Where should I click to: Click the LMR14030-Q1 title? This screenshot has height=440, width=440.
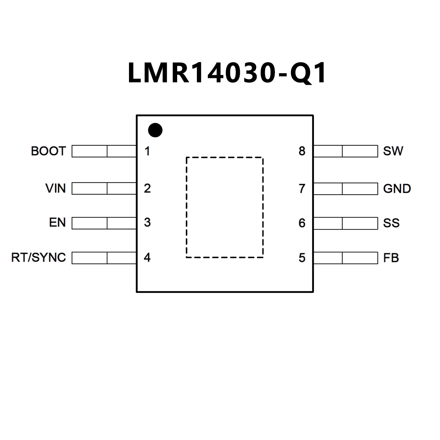click(x=227, y=73)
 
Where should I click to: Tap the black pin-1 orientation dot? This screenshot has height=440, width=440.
click(x=155, y=130)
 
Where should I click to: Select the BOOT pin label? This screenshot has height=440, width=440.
click(x=48, y=151)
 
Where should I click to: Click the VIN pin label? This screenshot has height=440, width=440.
click(x=56, y=188)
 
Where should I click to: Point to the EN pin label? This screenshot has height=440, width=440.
click(x=57, y=222)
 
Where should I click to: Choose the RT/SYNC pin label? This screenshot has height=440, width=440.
click(x=38, y=257)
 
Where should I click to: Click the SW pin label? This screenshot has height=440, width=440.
click(x=393, y=151)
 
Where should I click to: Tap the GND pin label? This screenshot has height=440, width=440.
click(x=397, y=189)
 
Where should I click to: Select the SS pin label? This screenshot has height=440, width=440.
click(x=391, y=223)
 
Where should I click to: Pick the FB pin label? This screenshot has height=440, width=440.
click(x=391, y=258)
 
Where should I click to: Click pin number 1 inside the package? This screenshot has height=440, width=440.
click(x=147, y=151)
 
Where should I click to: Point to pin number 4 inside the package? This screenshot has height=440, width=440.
click(x=147, y=257)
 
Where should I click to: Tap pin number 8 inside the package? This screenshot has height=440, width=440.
click(x=302, y=151)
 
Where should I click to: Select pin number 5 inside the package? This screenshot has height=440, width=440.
click(x=302, y=258)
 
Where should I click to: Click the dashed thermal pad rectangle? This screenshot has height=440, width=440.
click(x=224, y=207)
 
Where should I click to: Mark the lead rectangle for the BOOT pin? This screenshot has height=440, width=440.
click(x=104, y=151)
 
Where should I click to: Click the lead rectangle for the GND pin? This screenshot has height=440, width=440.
click(x=346, y=189)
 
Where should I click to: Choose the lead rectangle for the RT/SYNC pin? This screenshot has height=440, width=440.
click(x=104, y=258)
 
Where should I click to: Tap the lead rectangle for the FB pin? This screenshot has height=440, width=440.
click(x=346, y=258)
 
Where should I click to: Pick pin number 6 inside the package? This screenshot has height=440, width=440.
click(x=302, y=223)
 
